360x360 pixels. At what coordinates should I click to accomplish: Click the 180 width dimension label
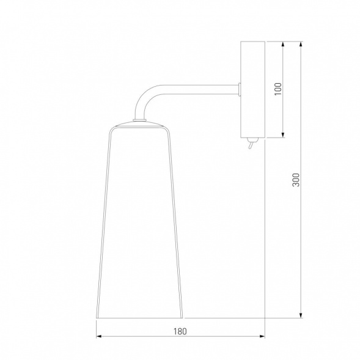[180, 331]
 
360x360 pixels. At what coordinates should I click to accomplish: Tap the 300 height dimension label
[296, 180]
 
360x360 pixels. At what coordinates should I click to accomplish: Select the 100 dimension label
[278, 89]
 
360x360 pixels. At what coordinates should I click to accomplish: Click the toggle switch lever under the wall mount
[251, 145]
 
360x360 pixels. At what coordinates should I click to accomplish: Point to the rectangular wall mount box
[252, 89]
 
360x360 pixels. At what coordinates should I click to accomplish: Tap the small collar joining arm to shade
[139, 120]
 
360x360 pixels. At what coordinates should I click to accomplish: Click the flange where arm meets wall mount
[240, 89]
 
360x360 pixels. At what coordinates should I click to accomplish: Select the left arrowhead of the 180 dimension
[99, 336]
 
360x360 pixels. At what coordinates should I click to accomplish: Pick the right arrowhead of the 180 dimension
[262, 336]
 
